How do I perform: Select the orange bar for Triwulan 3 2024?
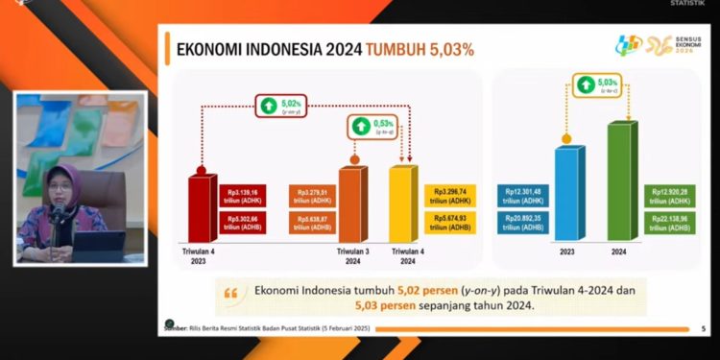[x=351, y=205]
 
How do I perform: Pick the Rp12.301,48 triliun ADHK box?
[x=523, y=196]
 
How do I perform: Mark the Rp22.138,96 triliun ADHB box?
[x=673, y=222]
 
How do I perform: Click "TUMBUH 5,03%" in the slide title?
[x=419, y=49]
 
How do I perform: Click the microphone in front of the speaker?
[x=59, y=212]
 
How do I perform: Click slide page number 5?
[x=704, y=329]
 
